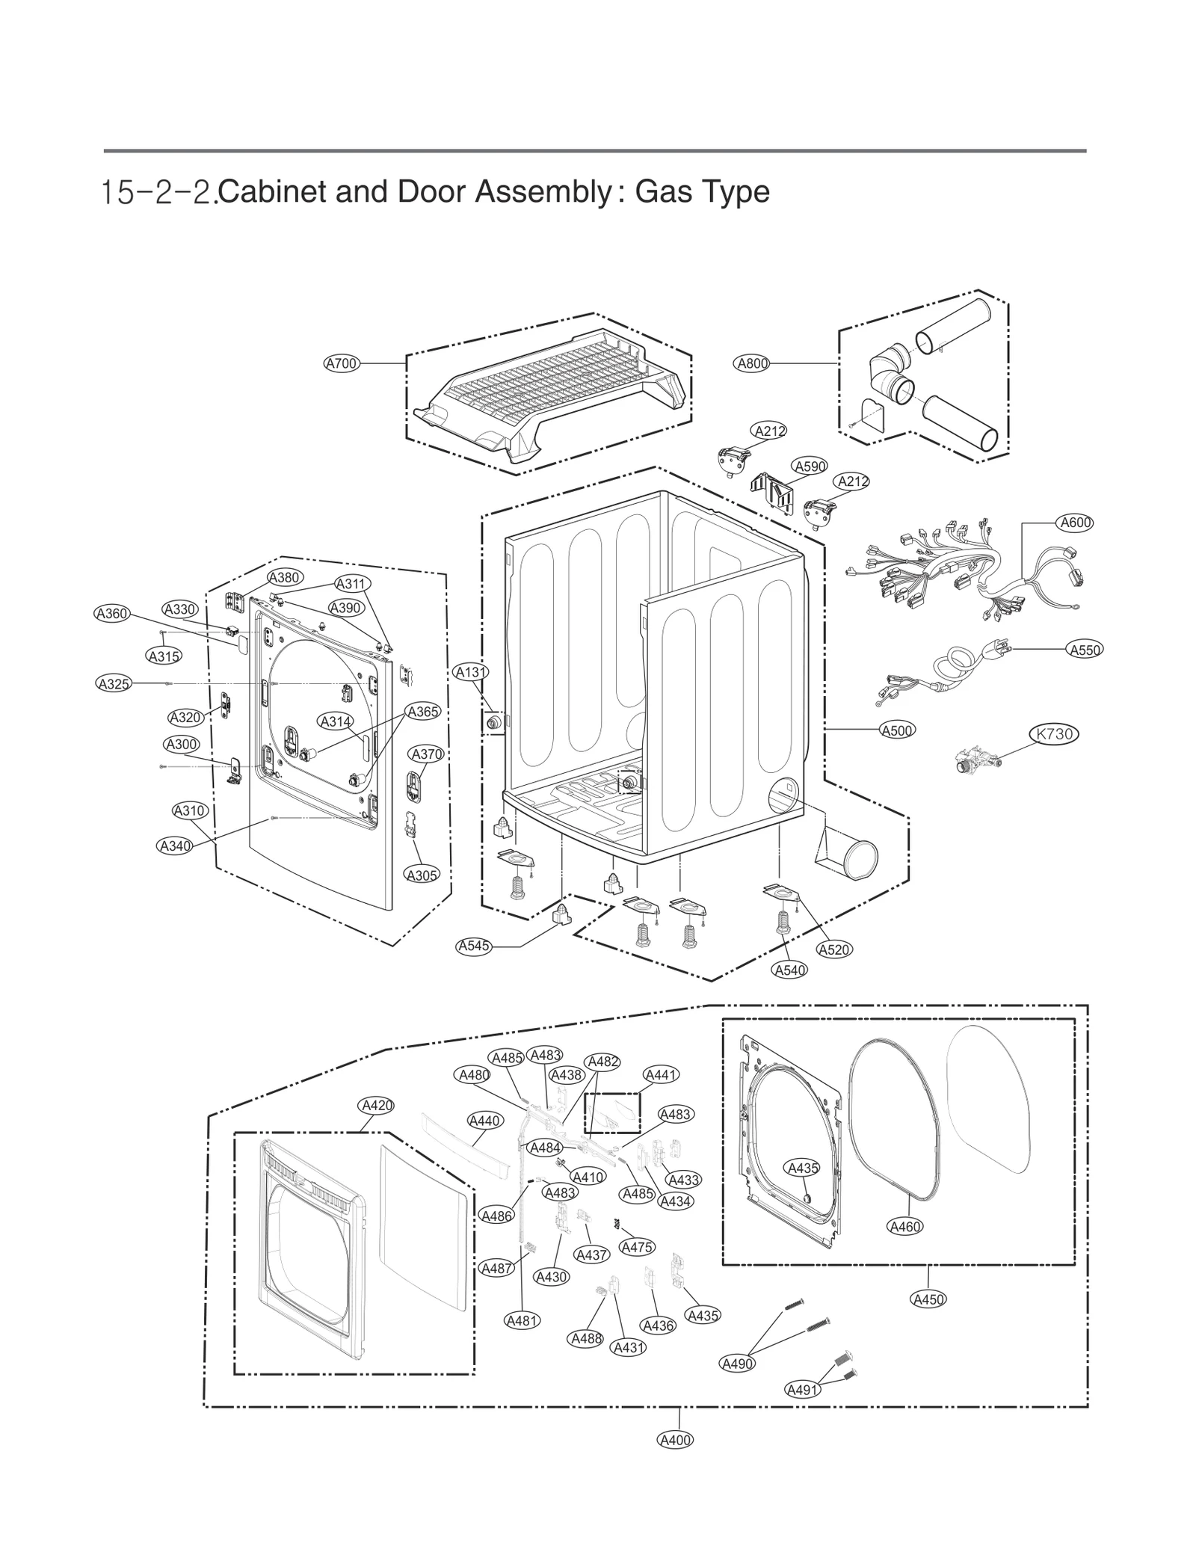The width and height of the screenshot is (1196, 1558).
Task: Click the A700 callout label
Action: [342, 363]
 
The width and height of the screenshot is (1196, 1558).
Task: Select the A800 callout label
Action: [752, 363]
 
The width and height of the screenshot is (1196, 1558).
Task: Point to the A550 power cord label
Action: [1085, 650]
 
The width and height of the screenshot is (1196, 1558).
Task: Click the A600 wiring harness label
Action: [1076, 523]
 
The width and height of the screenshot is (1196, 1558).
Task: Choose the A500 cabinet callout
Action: [897, 730]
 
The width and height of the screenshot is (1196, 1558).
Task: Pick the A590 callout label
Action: [810, 467]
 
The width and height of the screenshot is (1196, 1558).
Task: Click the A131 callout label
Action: [471, 672]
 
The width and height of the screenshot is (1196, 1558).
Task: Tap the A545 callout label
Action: [474, 946]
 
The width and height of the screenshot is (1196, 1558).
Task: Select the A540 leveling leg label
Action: [790, 970]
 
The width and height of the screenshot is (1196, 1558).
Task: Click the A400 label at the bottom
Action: [675, 1439]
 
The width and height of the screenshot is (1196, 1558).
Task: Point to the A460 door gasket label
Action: [905, 1226]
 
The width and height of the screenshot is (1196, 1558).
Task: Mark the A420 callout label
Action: [376, 1105]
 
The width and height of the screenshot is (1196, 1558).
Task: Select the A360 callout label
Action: [112, 613]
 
